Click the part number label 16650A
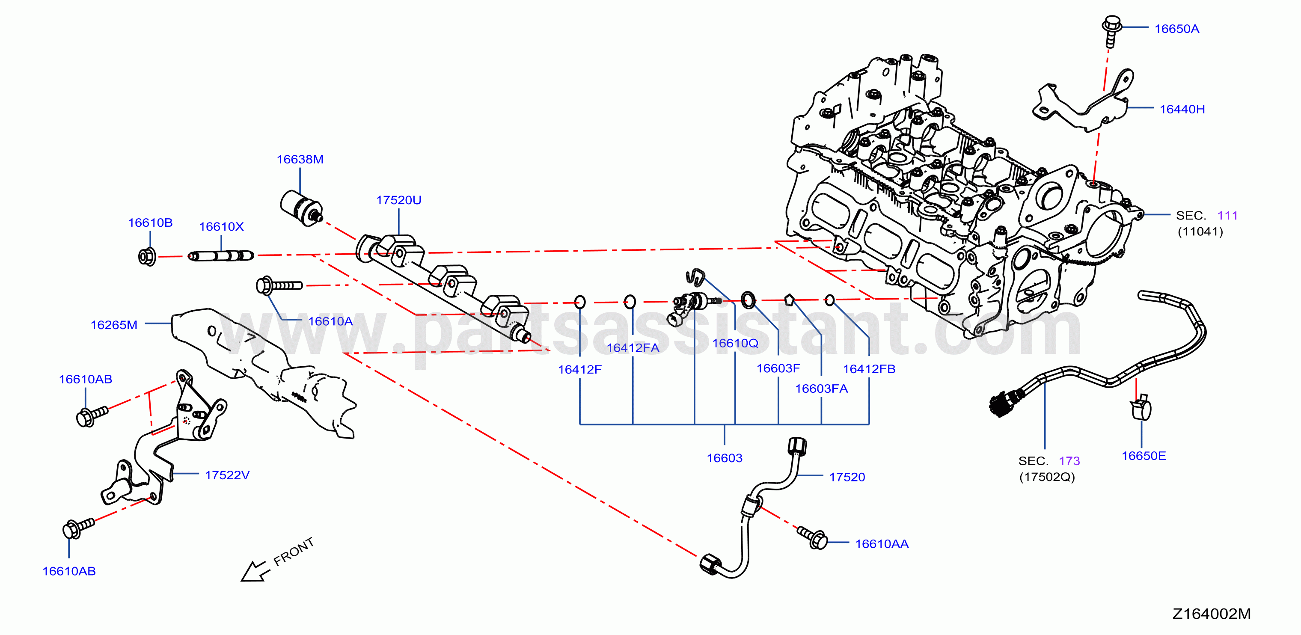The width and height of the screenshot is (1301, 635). click(x=1176, y=29)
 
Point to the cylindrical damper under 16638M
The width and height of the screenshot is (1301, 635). click(x=301, y=208)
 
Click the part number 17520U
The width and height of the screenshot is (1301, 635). click(x=398, y=200)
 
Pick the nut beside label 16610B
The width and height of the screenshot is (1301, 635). click(x=147, y=257)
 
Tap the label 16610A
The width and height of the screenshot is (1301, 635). click(x=330, y=321)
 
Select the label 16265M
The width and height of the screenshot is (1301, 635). click(x=114, y=325)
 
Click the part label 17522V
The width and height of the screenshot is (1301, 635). click(x=227, y=475)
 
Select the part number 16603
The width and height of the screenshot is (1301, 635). click(x=724, y=458)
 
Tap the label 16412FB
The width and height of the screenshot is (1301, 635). click(x=869, y=369)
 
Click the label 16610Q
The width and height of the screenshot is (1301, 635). click(x=735, y=344)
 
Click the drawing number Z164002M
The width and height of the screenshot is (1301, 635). click(x=1211, y=614)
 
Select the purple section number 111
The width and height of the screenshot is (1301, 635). click(x=1227, y=216)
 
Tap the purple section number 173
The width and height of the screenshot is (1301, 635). click(x=1069, y=461)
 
